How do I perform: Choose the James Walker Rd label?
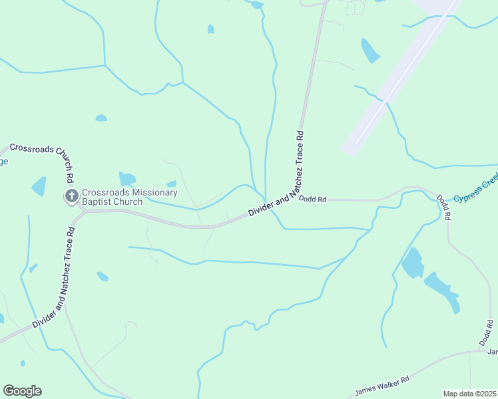click(x=381, y=385)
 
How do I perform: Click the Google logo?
click(x=22, y=391)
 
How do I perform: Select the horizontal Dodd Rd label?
click(x=312, y=199)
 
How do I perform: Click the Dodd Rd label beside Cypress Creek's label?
click(x=444, y=207)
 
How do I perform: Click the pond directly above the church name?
click(x=126, y=178)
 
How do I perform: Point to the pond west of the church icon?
click(x=39, y=186)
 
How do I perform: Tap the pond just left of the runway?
click(x=370, y=51)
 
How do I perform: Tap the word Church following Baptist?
click(x=128, y=202)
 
